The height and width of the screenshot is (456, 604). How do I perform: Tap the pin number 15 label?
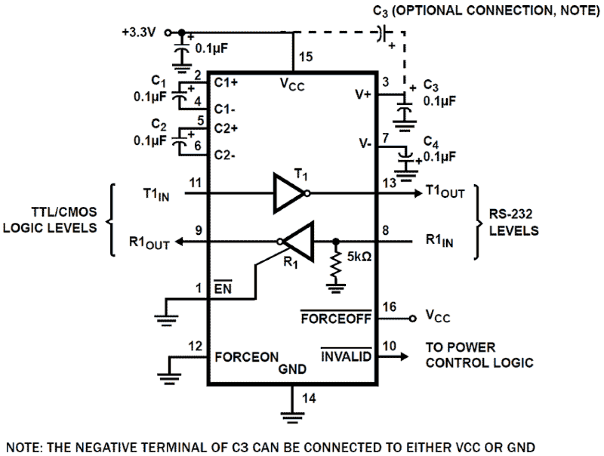[x=305, y=57]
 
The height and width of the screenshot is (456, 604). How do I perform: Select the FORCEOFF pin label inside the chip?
[x=336, y=319]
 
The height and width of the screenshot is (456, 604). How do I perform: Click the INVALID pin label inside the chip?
[x=346, y=356]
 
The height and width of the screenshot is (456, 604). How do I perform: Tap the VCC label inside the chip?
[x=292, y=85]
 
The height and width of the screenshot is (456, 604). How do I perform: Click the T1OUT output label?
[x=445, y=192]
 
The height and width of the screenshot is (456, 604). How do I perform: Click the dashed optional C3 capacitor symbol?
[x=383, y=33]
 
